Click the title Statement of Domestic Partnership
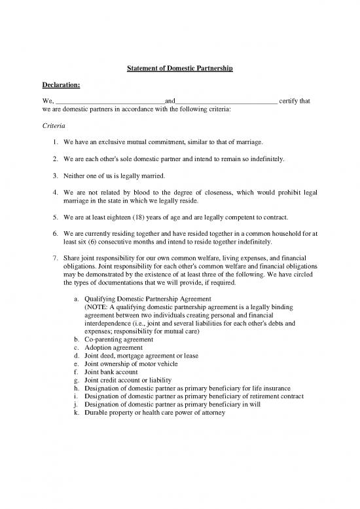coord(180,68)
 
